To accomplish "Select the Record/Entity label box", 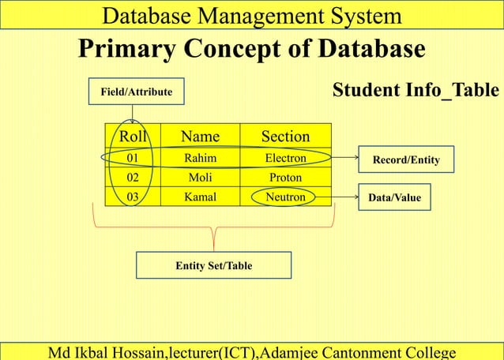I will coord(406,159).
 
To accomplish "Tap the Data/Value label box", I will coord(395,198).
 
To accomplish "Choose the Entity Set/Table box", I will coord(213,265).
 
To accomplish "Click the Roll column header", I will coord(133,136).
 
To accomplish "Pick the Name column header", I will coord(200,136).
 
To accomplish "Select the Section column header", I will coord(285,136).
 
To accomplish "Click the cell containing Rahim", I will coord(200,158).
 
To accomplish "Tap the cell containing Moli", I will coord(200,178).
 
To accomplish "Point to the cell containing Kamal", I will coord(200,197).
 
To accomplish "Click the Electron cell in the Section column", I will coord(285,158).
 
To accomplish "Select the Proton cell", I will coord(285,178).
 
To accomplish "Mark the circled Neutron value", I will coord(285,197).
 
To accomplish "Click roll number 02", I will coord(133,178).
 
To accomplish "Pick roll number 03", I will coord(133,197).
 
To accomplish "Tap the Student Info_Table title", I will coord(416,90).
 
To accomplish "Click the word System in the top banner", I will coord(352,15).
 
